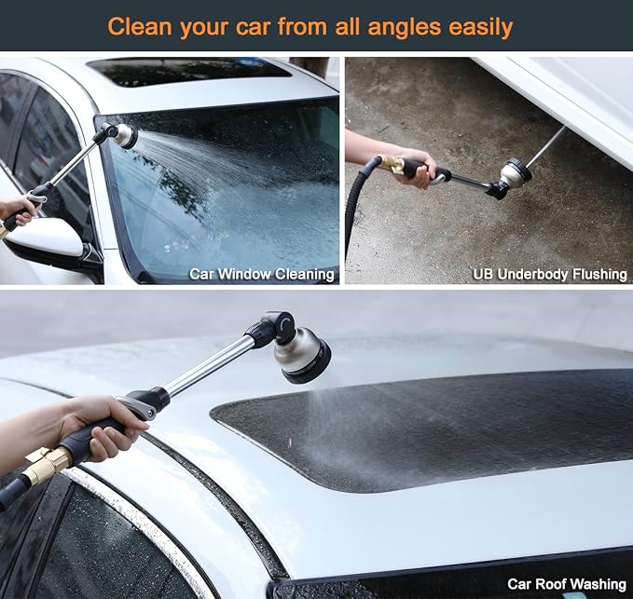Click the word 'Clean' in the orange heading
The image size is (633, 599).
[x=140, y=27]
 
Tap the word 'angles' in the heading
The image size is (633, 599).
[x=405, y=28]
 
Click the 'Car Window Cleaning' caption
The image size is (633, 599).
[x=262, y=274]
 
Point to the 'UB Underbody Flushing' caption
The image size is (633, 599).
[x=550, y=274]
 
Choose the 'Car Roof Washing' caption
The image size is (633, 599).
[x=567, y=584]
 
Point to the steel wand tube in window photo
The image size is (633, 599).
[x=74, y=161]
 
